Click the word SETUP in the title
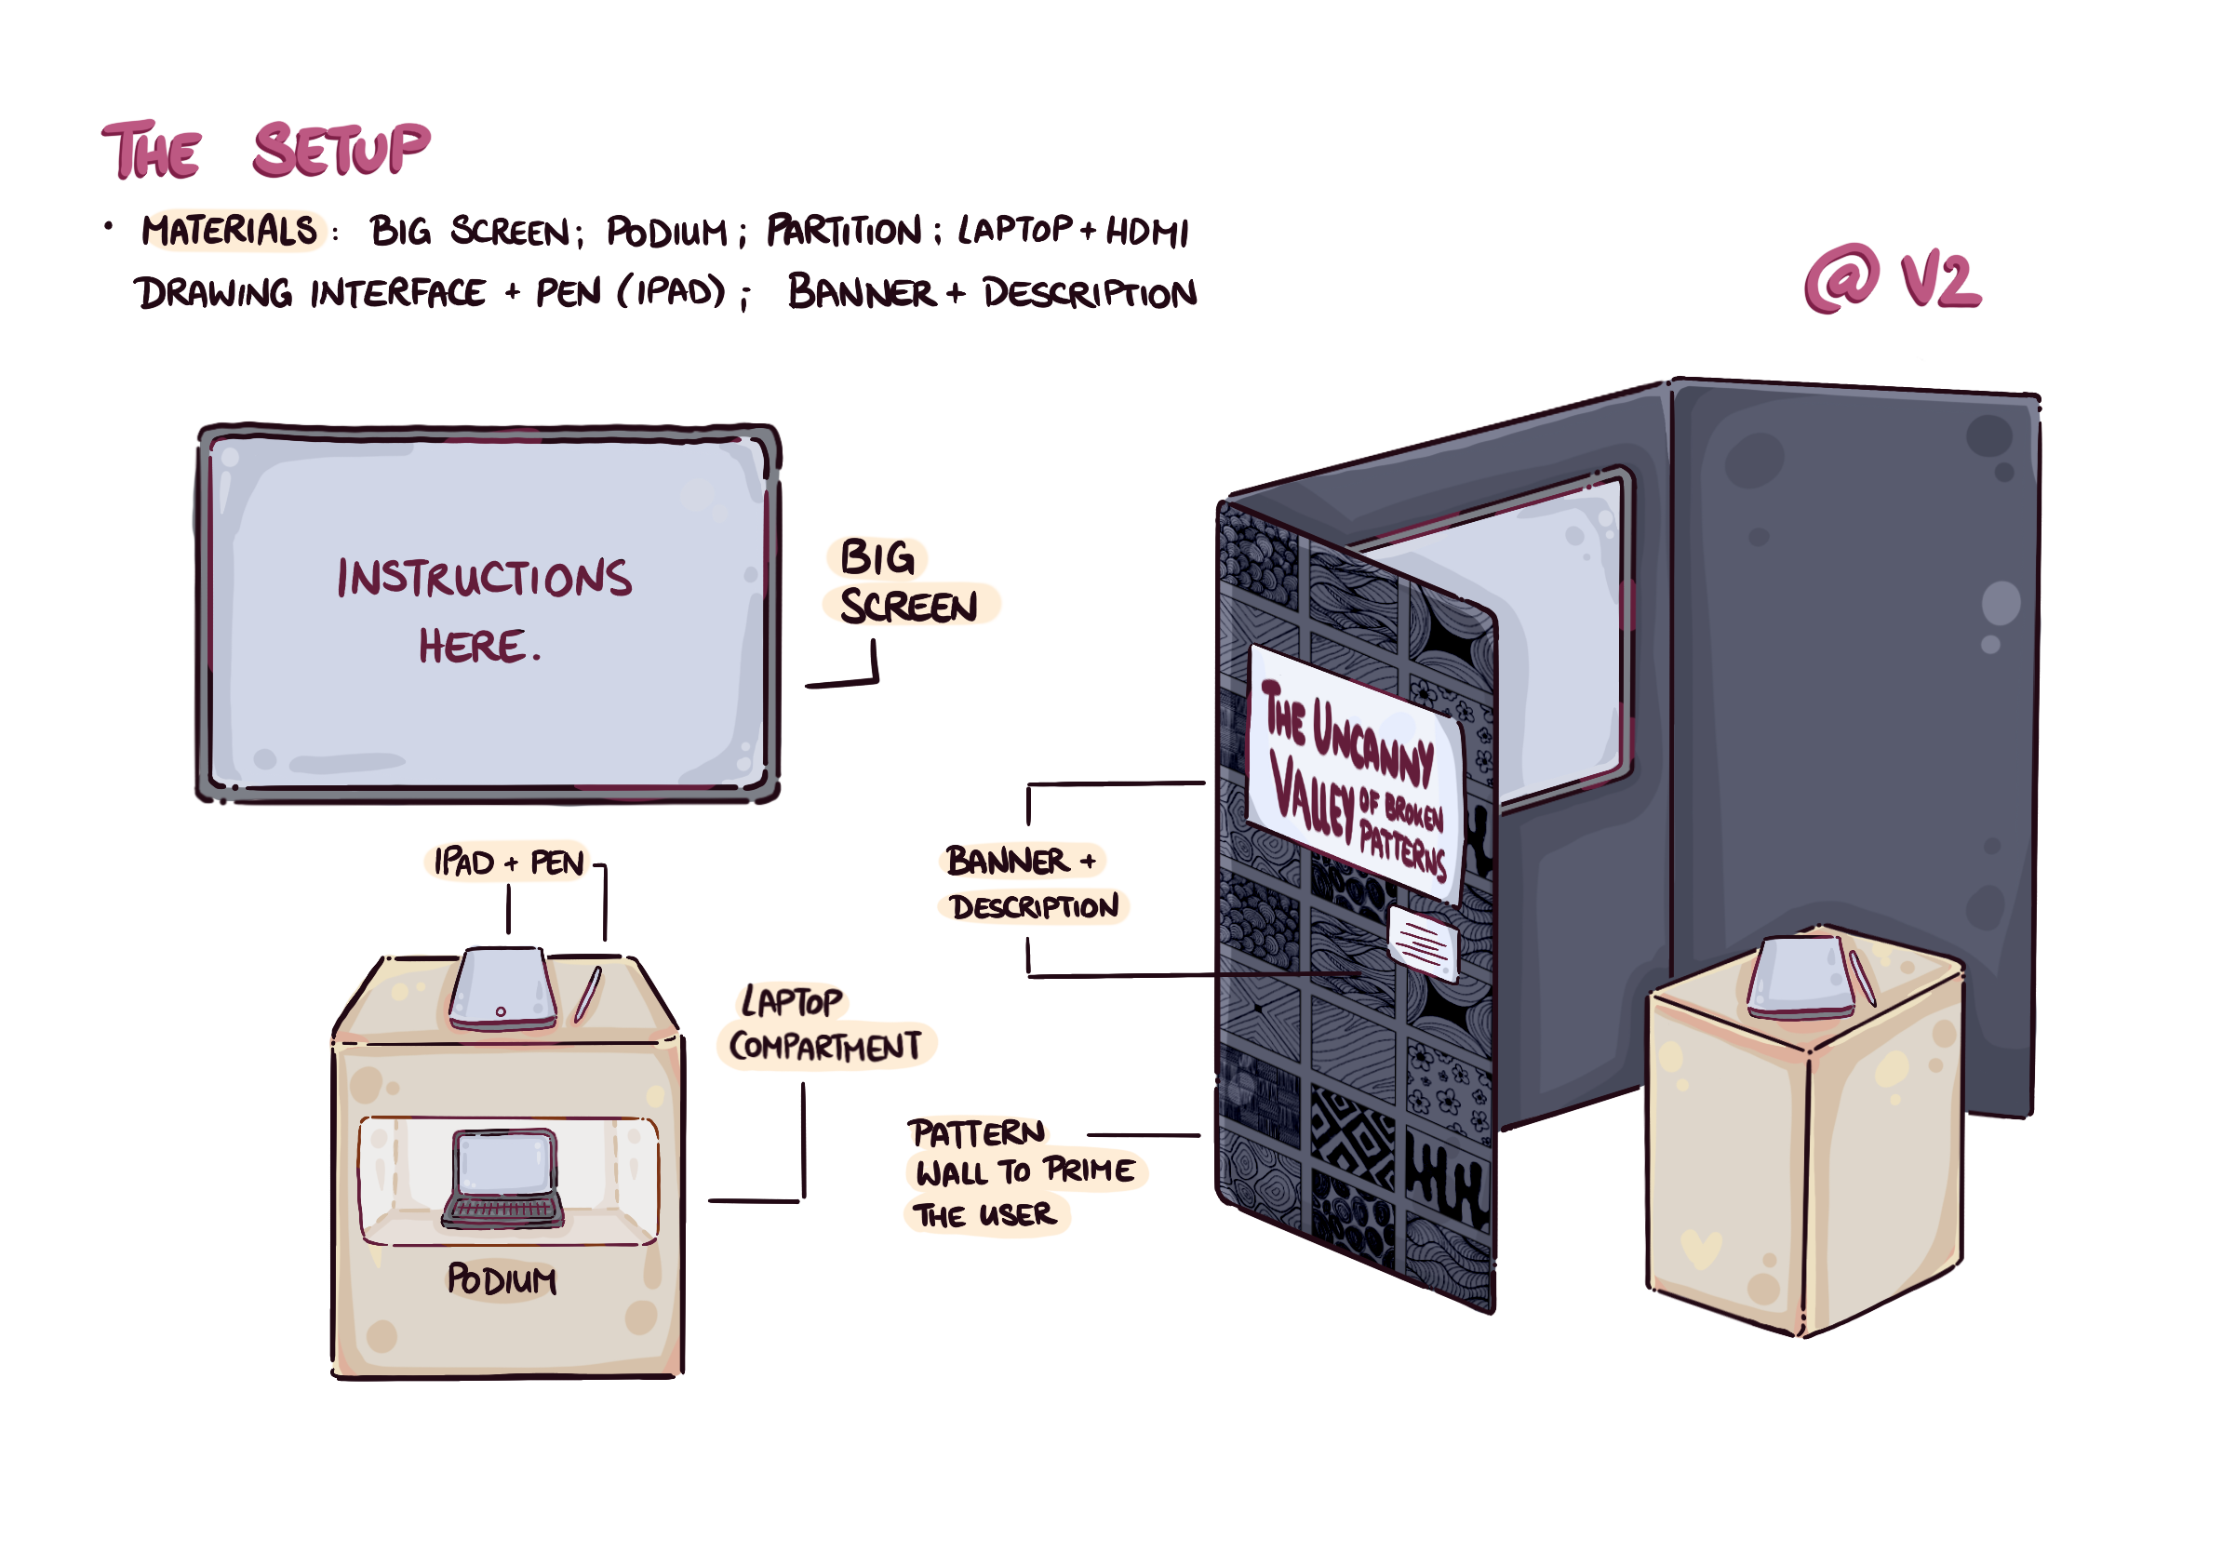(341, 150)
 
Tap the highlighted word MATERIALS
(229, 230)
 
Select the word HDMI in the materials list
(1148, 233)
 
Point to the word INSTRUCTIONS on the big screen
(484, 578)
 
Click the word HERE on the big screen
(474, 647)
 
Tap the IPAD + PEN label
(508, 863)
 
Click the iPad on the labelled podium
(502, 989)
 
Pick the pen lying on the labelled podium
(587, 994)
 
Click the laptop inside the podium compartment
(503, 1179)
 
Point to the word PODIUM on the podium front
(502, 1280)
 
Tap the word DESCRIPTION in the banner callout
(1034, 907)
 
